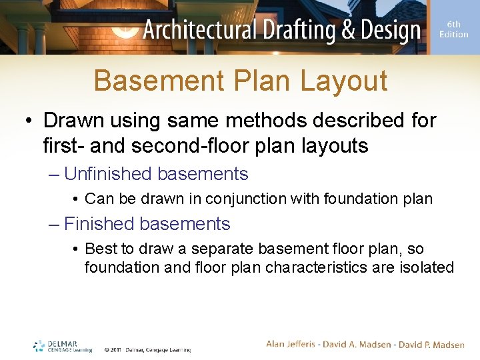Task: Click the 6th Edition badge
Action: coord(453,29)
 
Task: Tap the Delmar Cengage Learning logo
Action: coord(63,347)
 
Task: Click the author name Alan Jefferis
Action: coord(291,344)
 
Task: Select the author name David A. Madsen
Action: coord(356,344)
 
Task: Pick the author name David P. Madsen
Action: coord(431,344)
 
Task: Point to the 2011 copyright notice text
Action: coord(147,349)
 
